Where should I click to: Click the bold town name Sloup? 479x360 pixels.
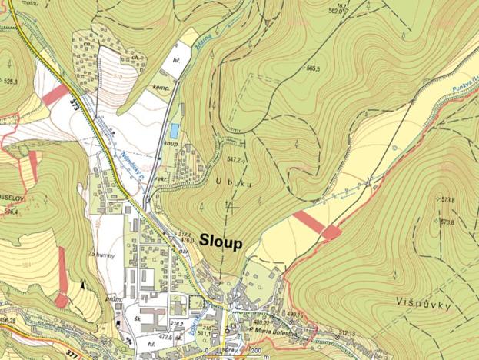pos(221,242)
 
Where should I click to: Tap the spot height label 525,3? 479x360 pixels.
pos(11,80)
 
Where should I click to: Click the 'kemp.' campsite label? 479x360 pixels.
pos(161,88)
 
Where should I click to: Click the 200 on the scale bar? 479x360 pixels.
pos(255,351)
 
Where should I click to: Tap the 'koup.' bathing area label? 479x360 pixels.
pos(171,143)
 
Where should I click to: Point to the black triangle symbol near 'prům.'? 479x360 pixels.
pos(81,285)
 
